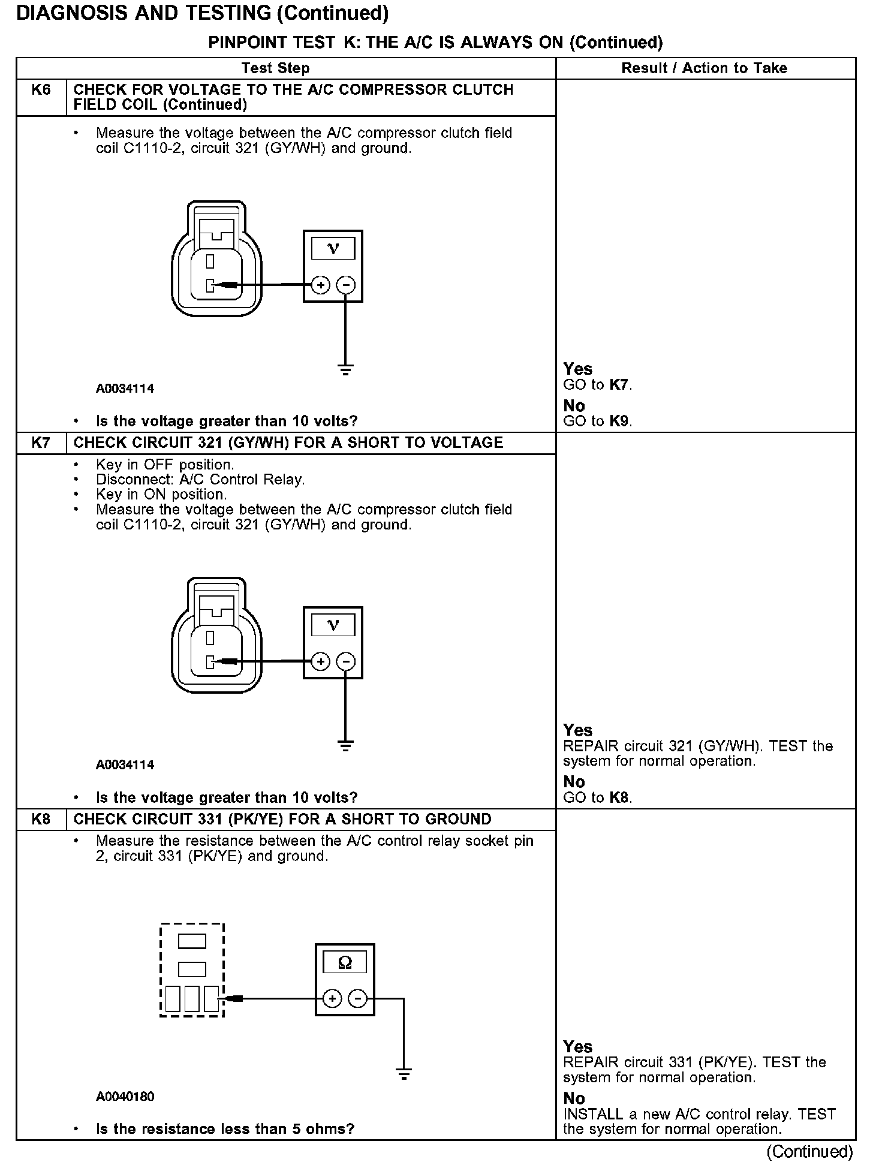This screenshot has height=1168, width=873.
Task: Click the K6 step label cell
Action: pyautogui.click(x=41, y=91)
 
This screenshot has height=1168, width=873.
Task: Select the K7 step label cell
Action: pyautogui.click(x=41, y=443)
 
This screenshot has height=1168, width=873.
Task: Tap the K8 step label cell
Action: pyautogui.click(x=41, y=819)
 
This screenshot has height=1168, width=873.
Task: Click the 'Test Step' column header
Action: pyautogui.click(x=276, y=68)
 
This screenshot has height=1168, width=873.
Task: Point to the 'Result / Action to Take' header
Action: pyautogui.click(x=705, y=68)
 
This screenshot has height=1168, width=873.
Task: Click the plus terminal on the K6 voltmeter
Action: pyautogui.click(x=321, y=285)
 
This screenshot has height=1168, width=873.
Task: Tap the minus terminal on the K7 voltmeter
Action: pyautogui.click(x=345, y=661)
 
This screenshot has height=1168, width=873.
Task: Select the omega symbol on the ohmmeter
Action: pyautogui.click(x=345, y=962)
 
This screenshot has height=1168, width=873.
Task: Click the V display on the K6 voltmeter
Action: pyautogui.click(x=333, y=248)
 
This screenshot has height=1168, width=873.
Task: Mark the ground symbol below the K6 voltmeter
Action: pyautogui.click(x=345, y=369)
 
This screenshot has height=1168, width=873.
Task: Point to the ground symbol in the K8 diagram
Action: pyautogui.click(x=404, y=1074)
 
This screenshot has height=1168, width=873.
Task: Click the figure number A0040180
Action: pyautogui.click(x=125, y=1097)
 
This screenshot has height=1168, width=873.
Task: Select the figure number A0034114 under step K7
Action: pyautogui.click(x=125, y=765)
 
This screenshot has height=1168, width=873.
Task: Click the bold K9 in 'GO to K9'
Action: pyautogui.click(x=619, y=422)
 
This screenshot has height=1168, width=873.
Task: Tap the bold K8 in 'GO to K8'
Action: pyautogui.click(x=619, y=798)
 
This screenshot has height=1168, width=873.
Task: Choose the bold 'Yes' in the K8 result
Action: pyautogui.click(x=578, y=1047)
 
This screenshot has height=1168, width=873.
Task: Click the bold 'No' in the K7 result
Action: pyautogui.click(x=574, y=782)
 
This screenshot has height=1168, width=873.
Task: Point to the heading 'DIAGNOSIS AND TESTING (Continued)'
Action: pyautogui.click(x=202, y=13)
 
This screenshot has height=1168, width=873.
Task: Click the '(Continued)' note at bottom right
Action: pyautogui.click(x=809, y=1151)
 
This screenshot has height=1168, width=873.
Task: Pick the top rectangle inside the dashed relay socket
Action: pyautogui.click(x=192, y=941)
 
